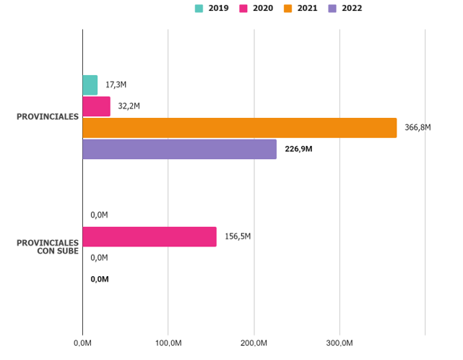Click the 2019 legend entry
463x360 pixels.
(212, 8)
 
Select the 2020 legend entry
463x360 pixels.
(257, 8)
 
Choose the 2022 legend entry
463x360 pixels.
(346, 8)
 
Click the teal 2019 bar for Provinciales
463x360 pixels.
(90, 85)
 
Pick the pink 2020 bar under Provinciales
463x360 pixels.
(97, 106)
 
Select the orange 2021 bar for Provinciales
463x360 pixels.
(240, 128)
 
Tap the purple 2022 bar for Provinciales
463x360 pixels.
(180, 149)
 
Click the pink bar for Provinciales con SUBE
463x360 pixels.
(150, 236)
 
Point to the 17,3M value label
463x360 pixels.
(116, 85)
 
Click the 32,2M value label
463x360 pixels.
(129, 106)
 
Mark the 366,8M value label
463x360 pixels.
(417, 128)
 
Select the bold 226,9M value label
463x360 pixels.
(298, 149)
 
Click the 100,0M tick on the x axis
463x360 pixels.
(168, 342)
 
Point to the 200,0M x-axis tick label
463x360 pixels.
(254, 342)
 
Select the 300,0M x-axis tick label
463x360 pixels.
(339, 342)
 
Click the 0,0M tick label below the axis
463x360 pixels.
(82, 342)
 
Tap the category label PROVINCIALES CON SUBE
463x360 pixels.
(48, 247)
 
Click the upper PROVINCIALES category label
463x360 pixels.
(48, 117)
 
